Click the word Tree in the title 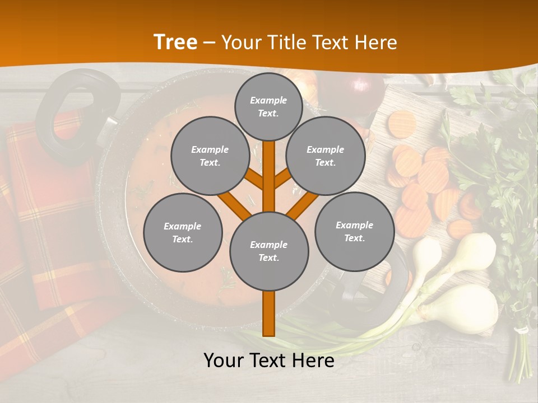(x=175, y=42)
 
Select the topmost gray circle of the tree (x=268, y=106)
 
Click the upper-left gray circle (x=210, y=156)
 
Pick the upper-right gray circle (x=325, y=156)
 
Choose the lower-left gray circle (x=182, y=232)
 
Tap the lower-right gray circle (x=354, y=231)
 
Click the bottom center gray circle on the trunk (x=268, y=251)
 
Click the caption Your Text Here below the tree (x=268, y=361)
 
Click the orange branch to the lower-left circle (x=234, y=204)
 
